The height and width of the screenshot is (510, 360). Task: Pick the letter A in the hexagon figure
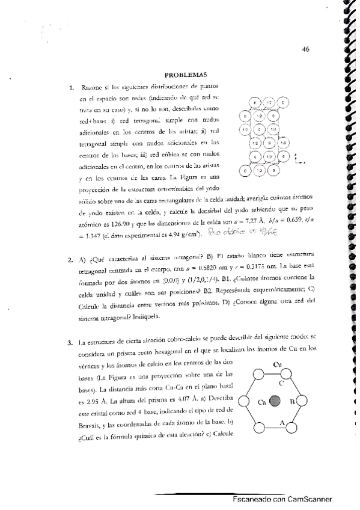281,422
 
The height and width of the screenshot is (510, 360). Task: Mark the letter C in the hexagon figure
281,381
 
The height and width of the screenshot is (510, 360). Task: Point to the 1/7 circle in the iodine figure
270,156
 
